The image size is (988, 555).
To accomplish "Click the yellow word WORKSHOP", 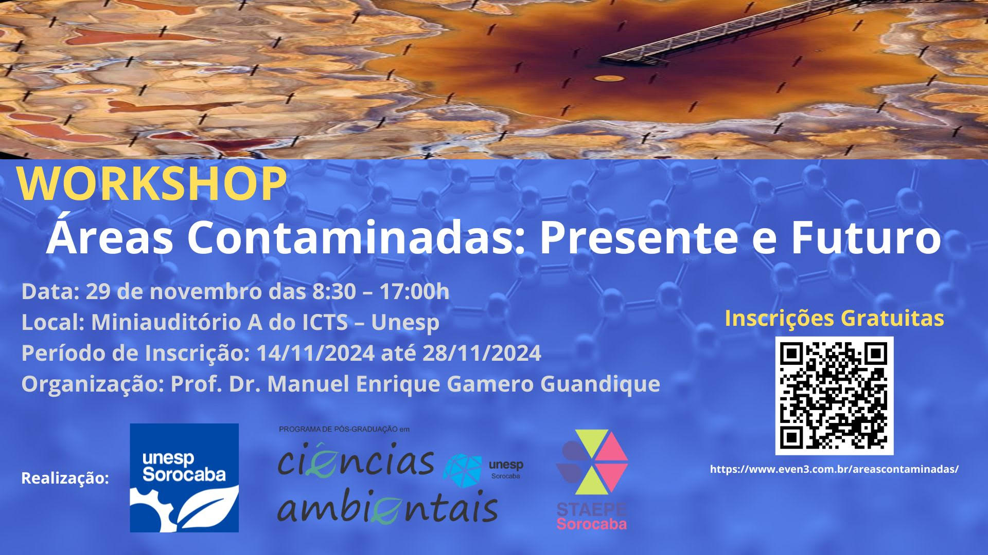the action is (x=152, y=183).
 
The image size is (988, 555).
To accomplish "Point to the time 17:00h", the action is (x=414, y=291).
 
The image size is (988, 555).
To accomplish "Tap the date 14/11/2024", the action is (x=315, y=353).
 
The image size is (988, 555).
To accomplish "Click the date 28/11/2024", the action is (x=481, y=353).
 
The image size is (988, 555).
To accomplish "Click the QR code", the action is (x=834, y=395).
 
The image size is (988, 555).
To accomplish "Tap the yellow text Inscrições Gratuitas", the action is (x=834, y=319).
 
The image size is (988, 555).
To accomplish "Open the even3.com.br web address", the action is (x=834, y=469).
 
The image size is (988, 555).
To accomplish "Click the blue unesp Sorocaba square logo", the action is (x=184, y=477).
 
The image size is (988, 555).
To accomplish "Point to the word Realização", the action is (x=65, y=478).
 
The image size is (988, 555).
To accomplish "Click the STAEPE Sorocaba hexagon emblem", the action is (x=592, y=462).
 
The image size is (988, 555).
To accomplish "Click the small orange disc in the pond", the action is (x=609, y=78).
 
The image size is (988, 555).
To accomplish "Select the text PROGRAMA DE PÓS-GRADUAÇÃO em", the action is (x=344, y=429).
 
